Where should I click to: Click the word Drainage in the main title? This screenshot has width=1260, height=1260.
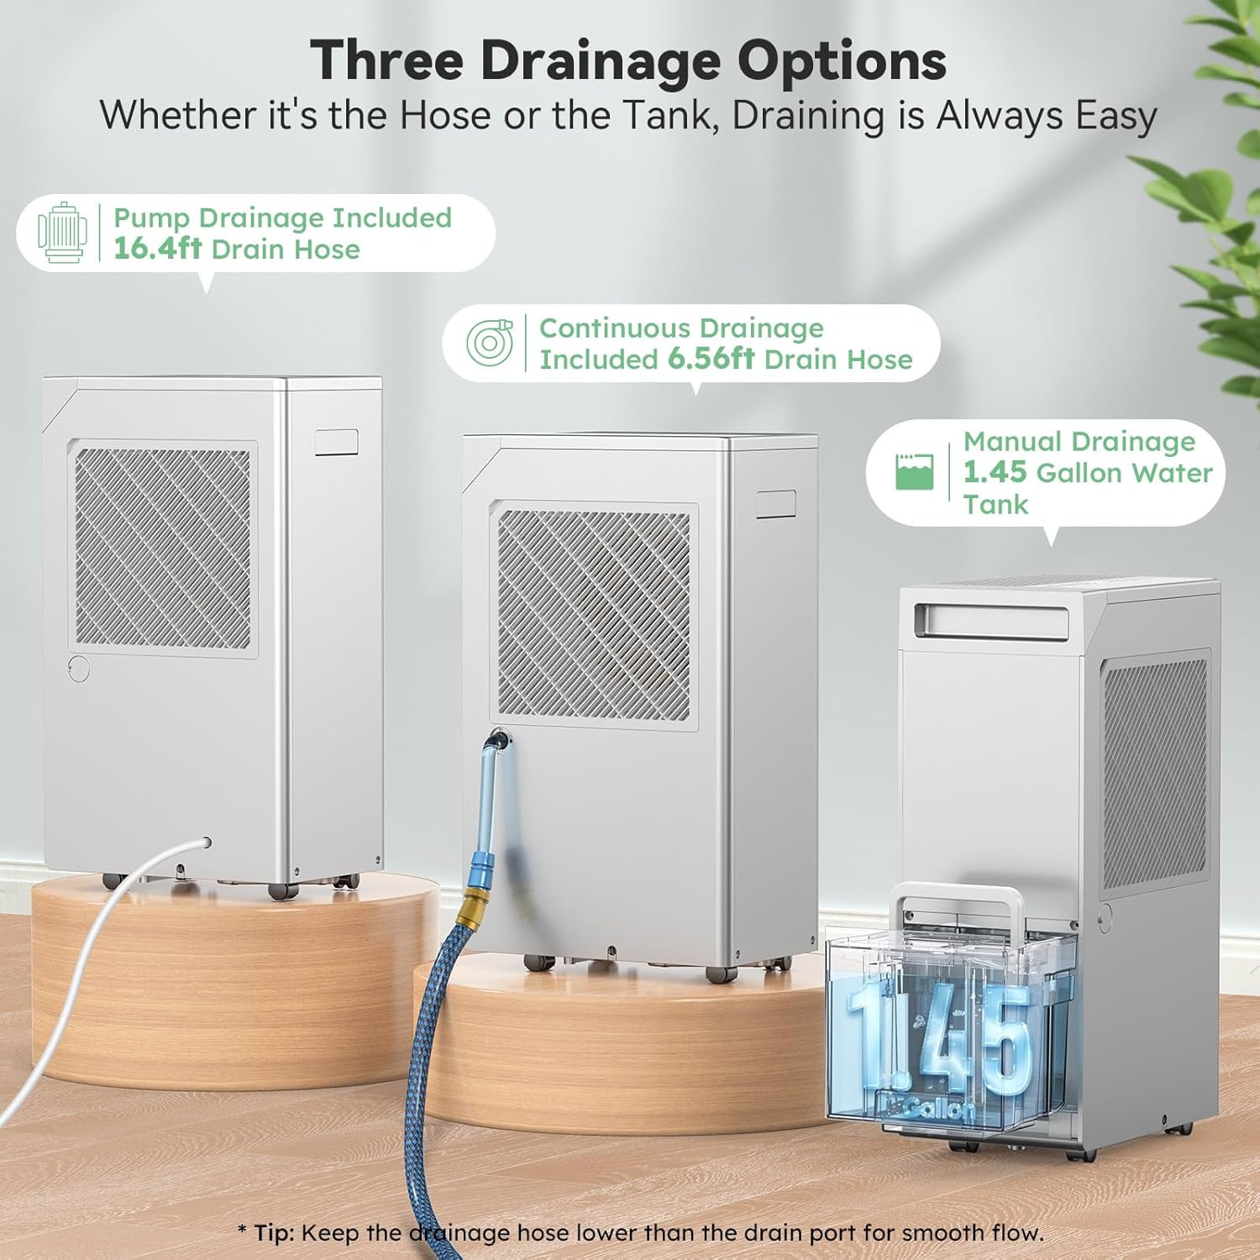(x=601, y=62)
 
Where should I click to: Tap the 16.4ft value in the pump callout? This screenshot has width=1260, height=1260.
(x=157, y=249)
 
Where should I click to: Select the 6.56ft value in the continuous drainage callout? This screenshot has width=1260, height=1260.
(x=711, y=359)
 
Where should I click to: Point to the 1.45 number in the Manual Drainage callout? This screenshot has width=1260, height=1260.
(x=995, y=472)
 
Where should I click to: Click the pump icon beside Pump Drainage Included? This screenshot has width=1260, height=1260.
(x=62, y=233)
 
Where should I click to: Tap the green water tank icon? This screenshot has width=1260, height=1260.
(x=914, y=472)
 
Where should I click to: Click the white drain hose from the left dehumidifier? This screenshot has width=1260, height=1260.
(x=76, y=966)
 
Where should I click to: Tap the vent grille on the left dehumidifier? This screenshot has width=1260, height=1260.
(x=162, y=547)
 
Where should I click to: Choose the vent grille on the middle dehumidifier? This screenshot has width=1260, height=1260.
(x=593, y=616)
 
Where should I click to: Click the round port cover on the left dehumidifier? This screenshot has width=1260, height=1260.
(x=79, y=669)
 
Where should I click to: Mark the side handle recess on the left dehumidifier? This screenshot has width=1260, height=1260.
(x=337, y=442)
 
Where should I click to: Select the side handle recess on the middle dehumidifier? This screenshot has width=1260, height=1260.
(x=775, y=504)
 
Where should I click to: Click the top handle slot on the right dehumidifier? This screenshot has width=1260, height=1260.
(x=991, y=620)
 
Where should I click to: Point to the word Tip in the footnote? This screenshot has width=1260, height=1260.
(x=274, y=1233)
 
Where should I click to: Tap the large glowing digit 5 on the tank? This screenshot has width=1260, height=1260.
(x=1005, y=1042)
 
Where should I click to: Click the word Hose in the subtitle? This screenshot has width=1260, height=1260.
(x=444, y=115)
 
